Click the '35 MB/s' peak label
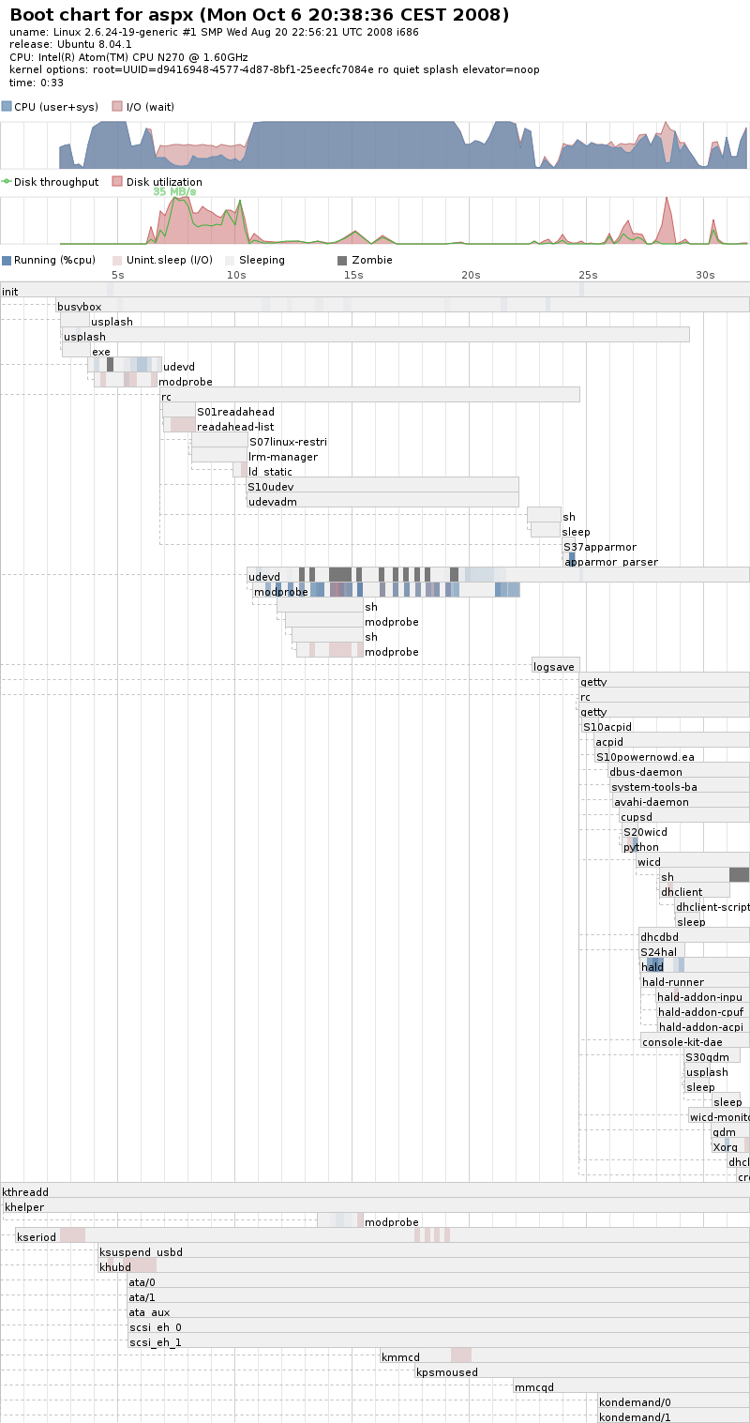[x=174, y=191]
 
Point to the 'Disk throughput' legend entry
[x=55, y=182]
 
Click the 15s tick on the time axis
[x=352, y=275]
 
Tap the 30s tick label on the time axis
[x=705, y=275]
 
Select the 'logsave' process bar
[x=555, y=667]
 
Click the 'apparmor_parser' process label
[x=611, y=562]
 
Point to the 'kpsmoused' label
[x=447, y=1372]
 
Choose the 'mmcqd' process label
[x=533, y=1387]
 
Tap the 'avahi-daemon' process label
[x=651, y=802]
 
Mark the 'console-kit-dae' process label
[x=682, y=1042]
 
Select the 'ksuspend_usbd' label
[x=141, y=1252]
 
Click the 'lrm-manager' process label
[x=283, y=457]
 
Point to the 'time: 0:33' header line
[x=37, y=83]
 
